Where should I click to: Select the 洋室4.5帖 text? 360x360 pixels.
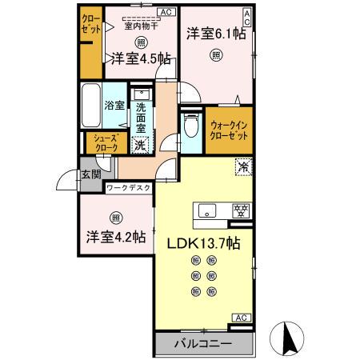140,58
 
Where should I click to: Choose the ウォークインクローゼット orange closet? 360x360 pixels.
228,130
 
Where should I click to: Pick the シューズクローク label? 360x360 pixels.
103,143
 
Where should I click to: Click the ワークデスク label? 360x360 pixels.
129,189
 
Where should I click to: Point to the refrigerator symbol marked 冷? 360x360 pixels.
242,168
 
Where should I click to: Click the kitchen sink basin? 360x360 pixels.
207,211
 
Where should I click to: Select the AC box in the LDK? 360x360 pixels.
239,318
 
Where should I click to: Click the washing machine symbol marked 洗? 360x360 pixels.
140,145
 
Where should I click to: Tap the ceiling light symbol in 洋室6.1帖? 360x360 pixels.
215,54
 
